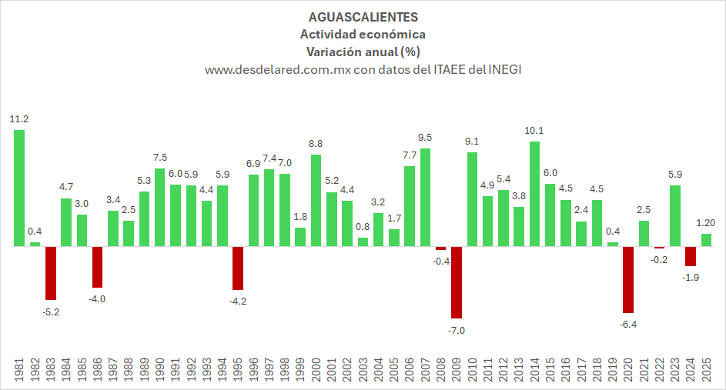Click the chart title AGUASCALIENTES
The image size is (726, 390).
tap(363, 16)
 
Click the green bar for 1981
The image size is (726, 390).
tap(19, 188)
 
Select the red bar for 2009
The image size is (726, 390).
tap(456, 282)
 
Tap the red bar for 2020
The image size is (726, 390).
tap(628, 279)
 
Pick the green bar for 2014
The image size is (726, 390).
tap(534, 194)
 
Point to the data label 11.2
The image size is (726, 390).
tap(19, 119)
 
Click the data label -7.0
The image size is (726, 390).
tap(457, 330)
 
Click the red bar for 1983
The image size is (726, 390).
tap(51, 273)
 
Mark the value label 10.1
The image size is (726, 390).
tap(534, 131)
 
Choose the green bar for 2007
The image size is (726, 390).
tap(425, 197)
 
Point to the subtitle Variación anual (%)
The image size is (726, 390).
tap(363, 52)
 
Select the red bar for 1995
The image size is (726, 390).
tap(238, 268)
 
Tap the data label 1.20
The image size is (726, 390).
tap(707, 223)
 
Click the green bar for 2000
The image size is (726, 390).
tap(316, 200)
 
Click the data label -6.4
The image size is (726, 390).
tap(628, 325)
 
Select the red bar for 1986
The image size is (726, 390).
tap(98, 267)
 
